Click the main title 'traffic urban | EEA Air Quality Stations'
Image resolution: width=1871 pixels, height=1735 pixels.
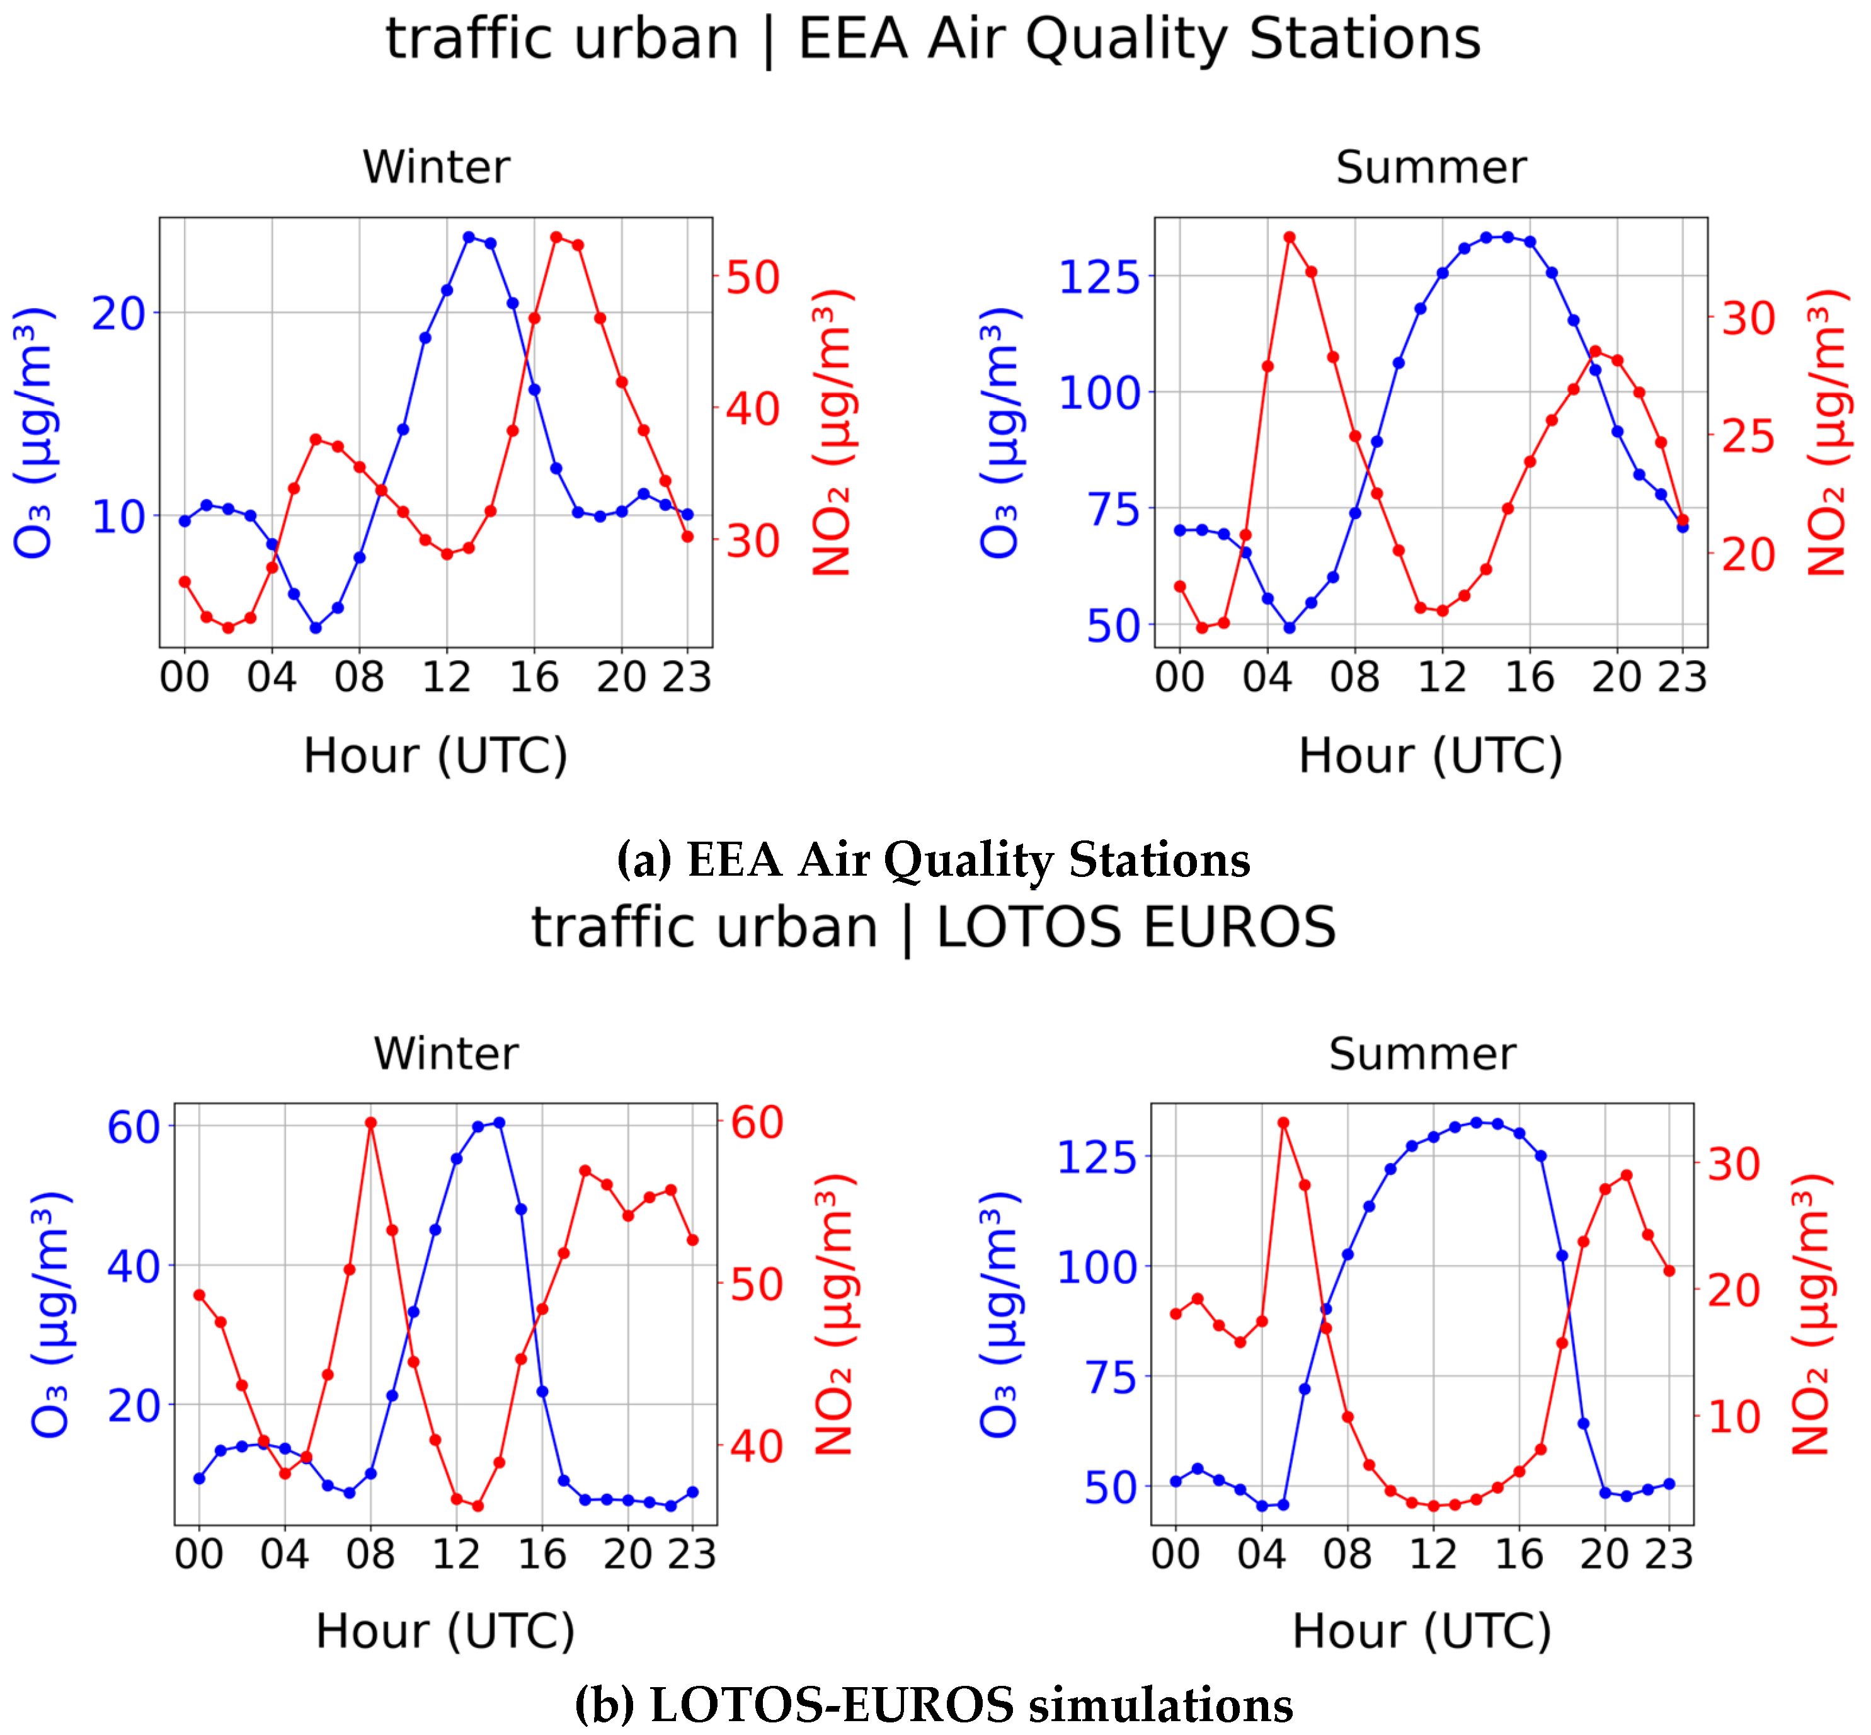(x=933, y=40)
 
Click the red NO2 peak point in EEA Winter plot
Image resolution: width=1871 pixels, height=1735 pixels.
(x=556, y=238)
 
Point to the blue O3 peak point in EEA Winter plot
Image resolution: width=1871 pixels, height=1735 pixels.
(x=469, y=238)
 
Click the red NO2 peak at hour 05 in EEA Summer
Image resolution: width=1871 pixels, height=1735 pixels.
(x=1289, y=238)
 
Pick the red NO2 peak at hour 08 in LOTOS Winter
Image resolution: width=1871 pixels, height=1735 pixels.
(x=371, y=1123)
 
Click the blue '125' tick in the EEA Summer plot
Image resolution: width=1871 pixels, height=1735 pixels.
(x=1099, y=277)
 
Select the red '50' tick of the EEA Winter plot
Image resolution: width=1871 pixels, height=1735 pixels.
(x=753, y=278)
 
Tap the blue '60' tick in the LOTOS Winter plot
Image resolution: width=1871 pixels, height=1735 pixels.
(x=134, y=1126)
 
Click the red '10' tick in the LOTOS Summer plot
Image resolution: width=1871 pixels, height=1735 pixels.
(x=1733, y=1417)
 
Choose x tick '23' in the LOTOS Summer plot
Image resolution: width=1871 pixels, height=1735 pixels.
(x=1668, y=1555)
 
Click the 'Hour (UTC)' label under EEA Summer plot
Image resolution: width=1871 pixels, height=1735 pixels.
(x=1430, y=757)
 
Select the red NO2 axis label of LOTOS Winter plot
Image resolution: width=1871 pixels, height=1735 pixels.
(x=833, y=1314)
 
